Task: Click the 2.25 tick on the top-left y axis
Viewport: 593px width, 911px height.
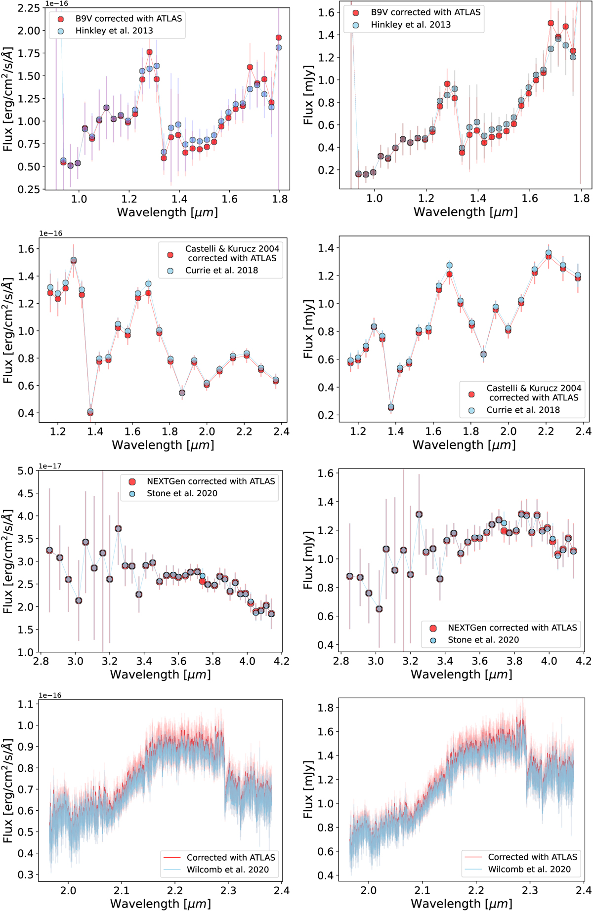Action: coord(29,8)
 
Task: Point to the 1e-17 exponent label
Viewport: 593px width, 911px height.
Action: coord(50,466)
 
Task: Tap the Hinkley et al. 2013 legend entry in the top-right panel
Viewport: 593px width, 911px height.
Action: coord(411,25)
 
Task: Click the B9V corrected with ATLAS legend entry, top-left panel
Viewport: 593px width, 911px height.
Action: coord(128,19)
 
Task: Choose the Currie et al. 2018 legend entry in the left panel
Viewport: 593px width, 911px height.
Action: coord(221,271)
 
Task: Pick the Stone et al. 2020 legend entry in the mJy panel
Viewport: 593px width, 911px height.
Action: coord(483,640)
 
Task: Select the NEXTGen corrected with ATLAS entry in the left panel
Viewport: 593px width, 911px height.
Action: coord(211,481)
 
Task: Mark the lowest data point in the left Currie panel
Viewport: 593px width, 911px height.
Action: coord(90,412)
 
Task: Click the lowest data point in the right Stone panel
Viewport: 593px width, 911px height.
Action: coord(379,609)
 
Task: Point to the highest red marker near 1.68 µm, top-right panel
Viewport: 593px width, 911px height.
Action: coord(551,23)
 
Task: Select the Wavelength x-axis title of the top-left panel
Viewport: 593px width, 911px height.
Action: coord(167,212)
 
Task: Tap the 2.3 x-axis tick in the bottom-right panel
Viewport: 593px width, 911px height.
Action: coord(530,889)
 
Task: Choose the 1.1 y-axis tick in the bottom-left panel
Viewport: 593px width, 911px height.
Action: coord(28,704)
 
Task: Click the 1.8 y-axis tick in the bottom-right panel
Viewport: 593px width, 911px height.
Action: coord(326,708)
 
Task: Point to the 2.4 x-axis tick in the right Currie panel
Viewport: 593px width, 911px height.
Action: coord(583,432)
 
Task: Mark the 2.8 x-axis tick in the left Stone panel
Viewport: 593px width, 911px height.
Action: coord(41,661)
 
